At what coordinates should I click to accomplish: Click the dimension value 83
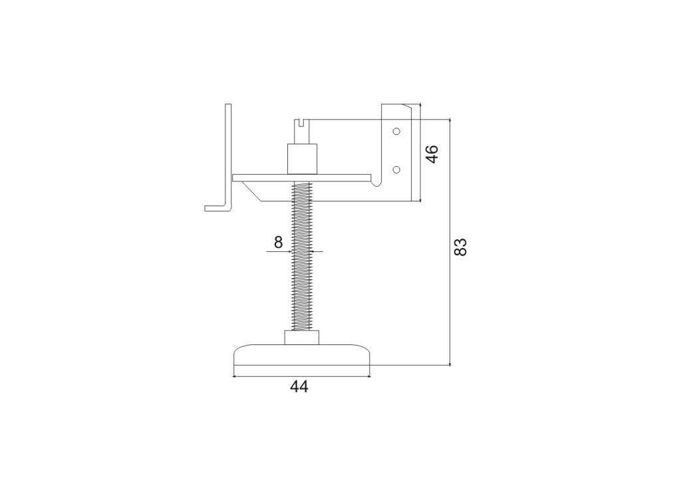[460, 247]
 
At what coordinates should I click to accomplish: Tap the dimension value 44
[299, 386]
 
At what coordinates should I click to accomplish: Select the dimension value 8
[279, 242]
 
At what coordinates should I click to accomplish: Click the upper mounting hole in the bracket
[396, 131]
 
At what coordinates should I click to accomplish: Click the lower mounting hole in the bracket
[396, 170]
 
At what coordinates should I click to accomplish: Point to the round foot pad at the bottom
[303, 355]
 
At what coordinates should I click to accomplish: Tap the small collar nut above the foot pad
[303, 338]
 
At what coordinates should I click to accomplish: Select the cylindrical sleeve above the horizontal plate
[303, 159]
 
